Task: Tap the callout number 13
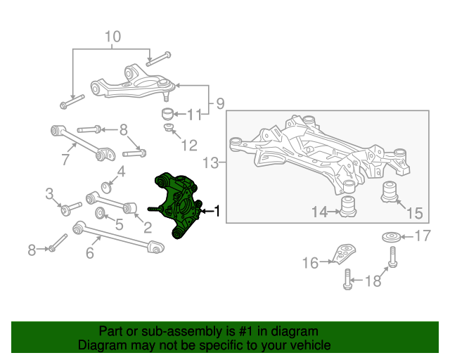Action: [x=211, y=163]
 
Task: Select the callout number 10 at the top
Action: [x=112, y=37]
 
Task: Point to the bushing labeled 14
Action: [x=348, y=206]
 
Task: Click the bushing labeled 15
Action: [x=390, y=192]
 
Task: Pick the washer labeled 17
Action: [x=391, y=237]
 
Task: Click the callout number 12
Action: [x=189, y=146]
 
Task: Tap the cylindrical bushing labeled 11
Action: [x=167, y=114]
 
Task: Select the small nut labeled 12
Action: [x=169, y=127]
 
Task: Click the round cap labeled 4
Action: [x=106, y=188]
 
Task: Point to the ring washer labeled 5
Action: [x=100, y=213]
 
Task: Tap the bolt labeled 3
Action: [x=71, y=209]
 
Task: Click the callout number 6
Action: [x=90, y=253]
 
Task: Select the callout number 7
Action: [x=65, y=160]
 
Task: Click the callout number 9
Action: [x=220, y=103]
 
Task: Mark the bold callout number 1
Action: [x=217, y=211]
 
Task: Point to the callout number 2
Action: [x=148, y=227]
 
